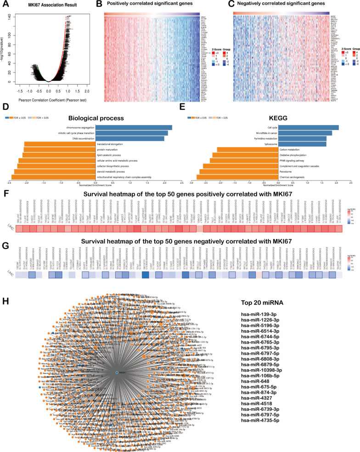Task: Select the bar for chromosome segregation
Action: pyautogui.click(x=134, y=127)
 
